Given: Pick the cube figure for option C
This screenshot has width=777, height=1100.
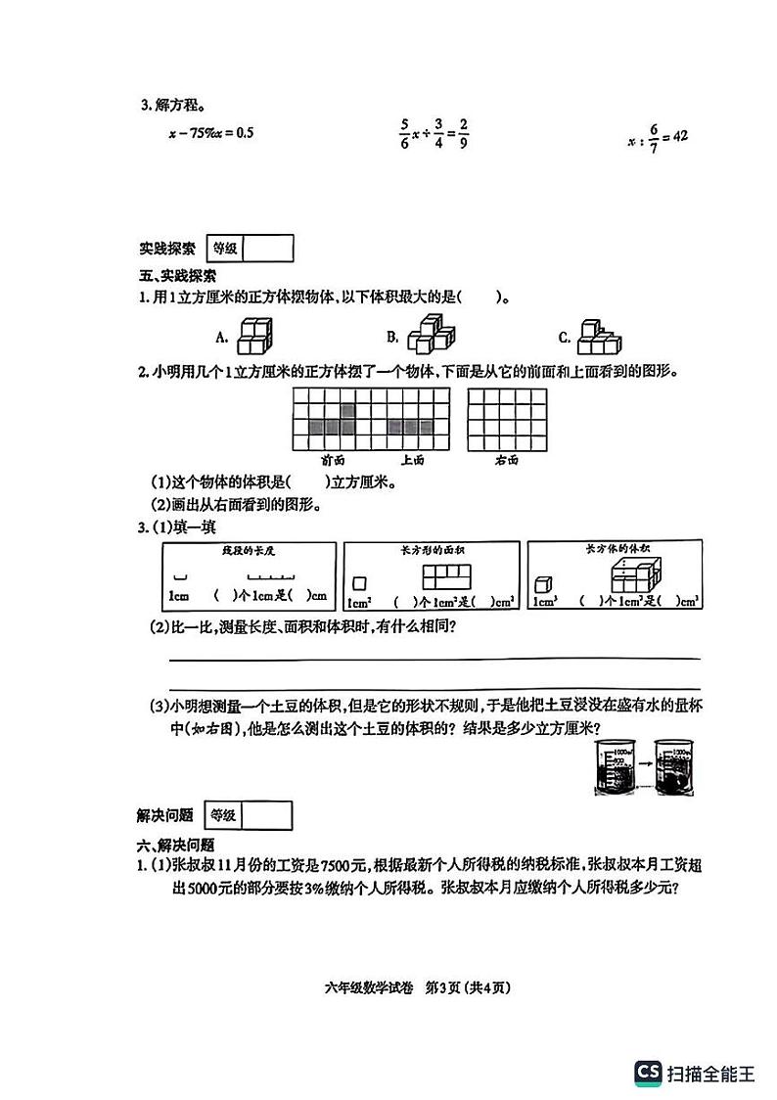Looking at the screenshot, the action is (598, 336).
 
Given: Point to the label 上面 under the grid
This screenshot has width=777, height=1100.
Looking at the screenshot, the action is (411, 459).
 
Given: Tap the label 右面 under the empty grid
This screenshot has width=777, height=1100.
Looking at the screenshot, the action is (506, 459).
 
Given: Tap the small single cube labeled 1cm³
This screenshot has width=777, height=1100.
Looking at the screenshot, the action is (543, 583).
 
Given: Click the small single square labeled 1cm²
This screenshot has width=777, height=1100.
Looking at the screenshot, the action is (358, 583).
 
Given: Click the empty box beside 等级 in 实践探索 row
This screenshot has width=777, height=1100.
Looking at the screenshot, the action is (267, 249).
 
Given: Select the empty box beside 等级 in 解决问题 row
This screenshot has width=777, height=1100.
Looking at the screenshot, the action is (266, 815).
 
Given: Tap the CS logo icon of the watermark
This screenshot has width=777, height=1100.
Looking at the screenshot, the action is (647, 1073).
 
